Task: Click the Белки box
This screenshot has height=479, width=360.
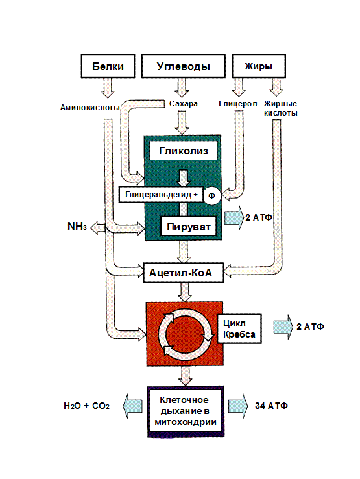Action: pyautogui.click(x=108, y=66)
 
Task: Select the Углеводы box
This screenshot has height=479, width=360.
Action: pyautogui.click(x=183, y=66)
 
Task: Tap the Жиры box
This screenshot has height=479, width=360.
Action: pyautogui.click(x=259, y=66)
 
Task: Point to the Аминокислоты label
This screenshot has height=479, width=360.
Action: pyautogui.click(x=90, y=108)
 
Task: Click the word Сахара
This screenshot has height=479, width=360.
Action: pyautogui.click(x=183, y=104)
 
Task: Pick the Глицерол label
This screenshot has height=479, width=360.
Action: pyautogui.click(x=238, y=104)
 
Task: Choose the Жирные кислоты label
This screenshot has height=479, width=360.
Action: pyautogui.click(x=281, y=108)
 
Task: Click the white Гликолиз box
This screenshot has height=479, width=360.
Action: pyautogui.click(x=183, y=151)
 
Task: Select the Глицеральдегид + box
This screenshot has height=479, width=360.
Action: pyautogui.click(x=161, y=194)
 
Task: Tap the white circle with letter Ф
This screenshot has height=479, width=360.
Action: pyautogui.click(x=212, y=196)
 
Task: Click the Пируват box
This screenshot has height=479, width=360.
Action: pyautogui.click(x=188, y=227)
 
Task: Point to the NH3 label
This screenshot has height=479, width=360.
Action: pyautogui.click(x=77, y=227)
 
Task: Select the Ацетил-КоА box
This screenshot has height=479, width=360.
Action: pyautogui.click(x=184, y=273)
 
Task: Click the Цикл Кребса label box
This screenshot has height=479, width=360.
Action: pyautogui.click(x=239, y=328)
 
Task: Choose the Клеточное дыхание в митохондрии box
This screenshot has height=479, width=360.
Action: pyautogui.click(x=186, y=411)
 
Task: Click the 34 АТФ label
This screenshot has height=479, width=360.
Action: pyautogui.click(x=271, y=406)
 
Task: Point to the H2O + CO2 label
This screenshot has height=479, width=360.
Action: pyautogui.click(x=86, y=406)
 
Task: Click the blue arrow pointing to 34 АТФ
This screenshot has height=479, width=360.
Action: pyautogui.click(x=238, y=406)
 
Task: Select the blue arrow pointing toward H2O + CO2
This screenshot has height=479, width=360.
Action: pyautogui.click(x=132, y=406)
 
